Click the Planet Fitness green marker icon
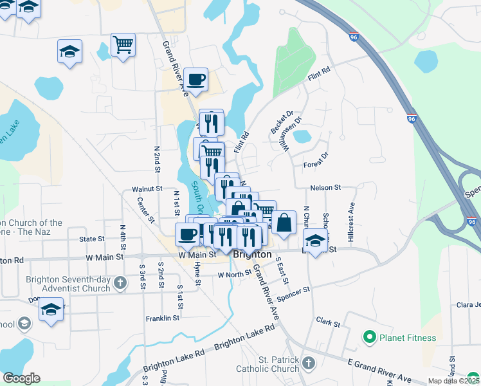click(369, 337)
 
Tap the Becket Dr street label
click(281, 122)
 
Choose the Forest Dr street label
click(315, 160)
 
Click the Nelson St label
click(325, 187)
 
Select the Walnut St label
click(147, 189)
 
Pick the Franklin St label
click(162, 318)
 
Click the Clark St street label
click(328, 321)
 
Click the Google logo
click(22, 378)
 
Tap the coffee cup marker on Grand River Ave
click(196, 80)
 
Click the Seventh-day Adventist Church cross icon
click(120, 282)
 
